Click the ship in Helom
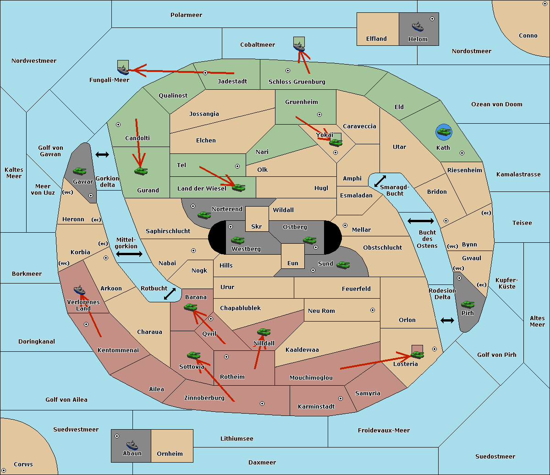pyautogui.click(x=418, y=27)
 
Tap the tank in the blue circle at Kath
pyautogui.click(x=444, y=131)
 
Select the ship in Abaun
pyautogui.click(x=132, y=445)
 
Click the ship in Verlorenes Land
pyautogui.click(x=79, y=289)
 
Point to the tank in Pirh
pyautogui.click(x=467, y=304)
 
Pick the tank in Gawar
pyautogui.click(x=79, y=171)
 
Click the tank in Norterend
pyautogui.click(x=204, y=215)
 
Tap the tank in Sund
pyautogui.click(x=343, y=265)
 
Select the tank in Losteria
pyautogui.click(x=417, y=354)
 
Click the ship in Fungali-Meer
pyautogui.click(x=123, y=70)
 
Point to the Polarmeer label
pyautogui.click(x=186, y=15)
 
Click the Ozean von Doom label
pyautogui.click(x=497, y=104)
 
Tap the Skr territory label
pyautogui.click(x=257, y=226)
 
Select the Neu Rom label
pyautogui.click(x=321, y=311)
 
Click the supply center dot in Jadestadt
pyautogui.click(x=205, y=73)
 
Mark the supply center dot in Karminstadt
pyautogui.click(x=341, y=399)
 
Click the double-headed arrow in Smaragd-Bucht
pyautogui.click(x=380, y=181)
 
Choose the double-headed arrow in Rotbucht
pyautogui.click(x=170, y=294)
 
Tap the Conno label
pyautogui.click(x=528, y=36)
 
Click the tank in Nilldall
pyautogui.click(x=264, y=332)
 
